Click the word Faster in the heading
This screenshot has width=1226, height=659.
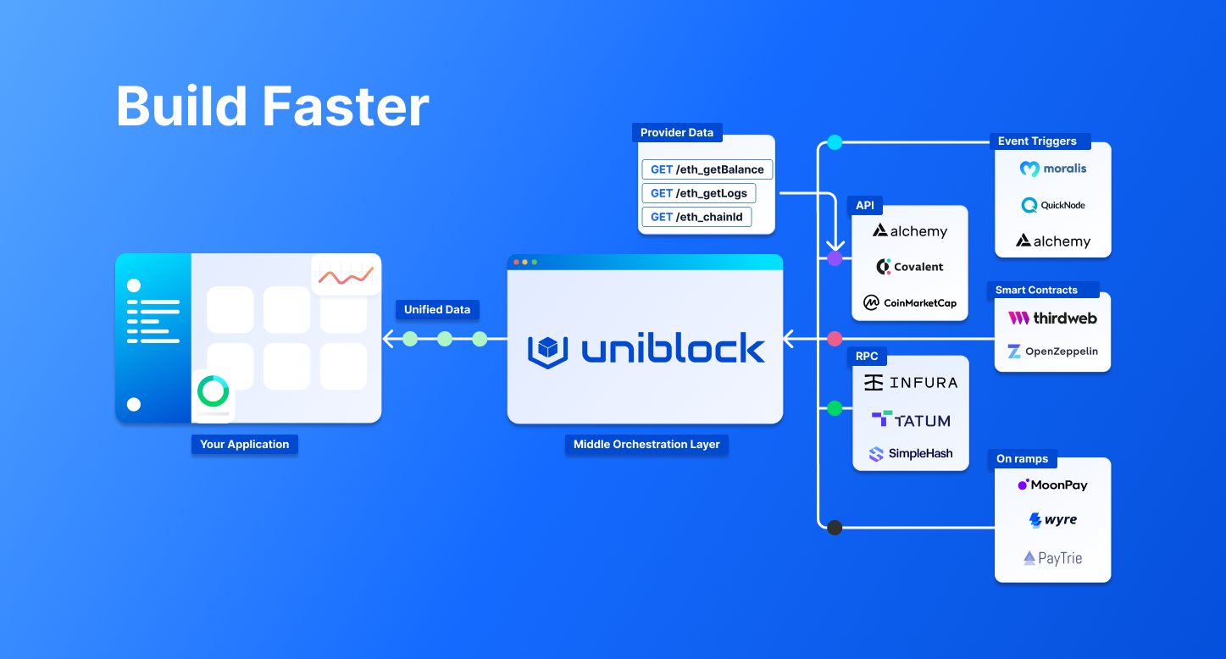pos(345,108)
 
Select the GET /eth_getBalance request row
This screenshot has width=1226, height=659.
pos(707,169)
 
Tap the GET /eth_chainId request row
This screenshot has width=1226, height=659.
pos(696,217)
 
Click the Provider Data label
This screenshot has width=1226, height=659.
pos(676,132)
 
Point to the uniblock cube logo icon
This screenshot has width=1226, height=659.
pos(547,350)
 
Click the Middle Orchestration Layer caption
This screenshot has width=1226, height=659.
pos(646,444)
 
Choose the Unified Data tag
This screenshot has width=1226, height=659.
pos(436,309)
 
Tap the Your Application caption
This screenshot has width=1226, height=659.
pos(244,444)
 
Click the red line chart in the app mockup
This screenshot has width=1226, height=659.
pos(346,275)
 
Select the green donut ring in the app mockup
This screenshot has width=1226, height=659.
pos(213,391)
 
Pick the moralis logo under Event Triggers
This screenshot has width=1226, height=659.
pos(1052,169)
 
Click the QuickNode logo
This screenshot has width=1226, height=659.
pos(1052,205)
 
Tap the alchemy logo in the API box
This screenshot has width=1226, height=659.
pos(910,231)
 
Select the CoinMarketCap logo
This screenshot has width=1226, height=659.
pos(909,302)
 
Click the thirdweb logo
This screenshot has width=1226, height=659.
pos(1052,318)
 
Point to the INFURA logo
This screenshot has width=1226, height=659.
pos(910,383)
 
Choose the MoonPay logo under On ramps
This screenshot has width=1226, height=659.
pos(1052,485)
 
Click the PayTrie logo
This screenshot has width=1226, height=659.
pos(1052,558)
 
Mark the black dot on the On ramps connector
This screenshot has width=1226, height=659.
pos(835,528)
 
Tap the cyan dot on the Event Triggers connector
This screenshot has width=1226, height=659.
pos(835,142)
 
